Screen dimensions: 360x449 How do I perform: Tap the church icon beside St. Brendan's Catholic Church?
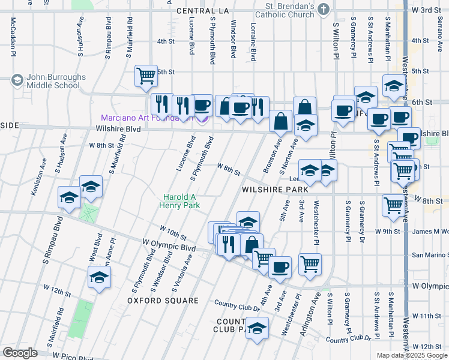[x=324, y=8]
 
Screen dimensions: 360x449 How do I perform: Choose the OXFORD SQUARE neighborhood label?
[x=162, y=300]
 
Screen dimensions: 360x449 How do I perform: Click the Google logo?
[x=20, y=353]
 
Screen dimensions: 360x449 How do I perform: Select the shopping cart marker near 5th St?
[x=146, y=76]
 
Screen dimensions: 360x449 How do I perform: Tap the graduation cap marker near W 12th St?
[x=99, y=277]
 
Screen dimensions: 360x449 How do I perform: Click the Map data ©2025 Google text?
[x=411, y=355]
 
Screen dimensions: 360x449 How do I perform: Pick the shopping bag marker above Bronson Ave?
[x=280, y=121]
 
